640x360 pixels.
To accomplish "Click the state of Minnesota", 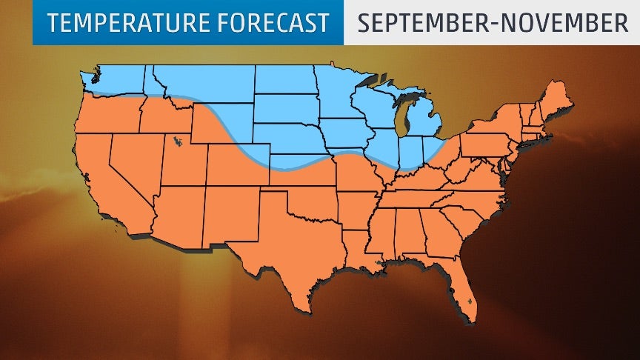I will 337,93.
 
